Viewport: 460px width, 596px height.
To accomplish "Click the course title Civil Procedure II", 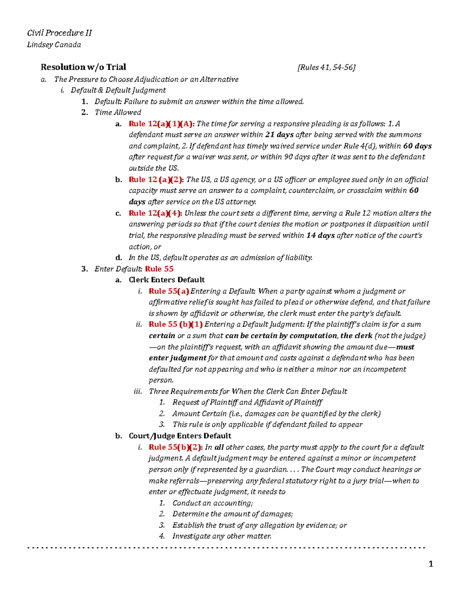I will [59, 33].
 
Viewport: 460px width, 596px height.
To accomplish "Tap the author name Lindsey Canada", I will [54, 45].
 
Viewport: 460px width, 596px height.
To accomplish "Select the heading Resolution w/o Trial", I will [83, 67].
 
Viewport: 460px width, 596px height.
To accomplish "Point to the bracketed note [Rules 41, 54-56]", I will [326, 68].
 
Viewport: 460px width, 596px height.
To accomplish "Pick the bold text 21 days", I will [279, 135].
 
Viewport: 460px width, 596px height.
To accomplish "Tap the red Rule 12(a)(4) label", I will [155, 213].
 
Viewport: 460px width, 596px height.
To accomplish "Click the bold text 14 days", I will [320, 235].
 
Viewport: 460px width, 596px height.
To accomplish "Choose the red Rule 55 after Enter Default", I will [159, 269].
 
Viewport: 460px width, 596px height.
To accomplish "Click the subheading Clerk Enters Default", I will [166, 280].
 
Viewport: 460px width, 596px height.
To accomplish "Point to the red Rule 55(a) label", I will [169, 291].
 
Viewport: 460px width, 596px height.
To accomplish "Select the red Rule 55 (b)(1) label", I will [176, 324].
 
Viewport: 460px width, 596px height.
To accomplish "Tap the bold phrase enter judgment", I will [177, 358].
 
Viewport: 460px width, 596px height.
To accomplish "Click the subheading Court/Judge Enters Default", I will [180, 436].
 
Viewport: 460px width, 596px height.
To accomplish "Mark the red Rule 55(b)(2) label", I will [175, 447].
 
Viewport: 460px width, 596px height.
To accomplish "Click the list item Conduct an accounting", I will [212, 503].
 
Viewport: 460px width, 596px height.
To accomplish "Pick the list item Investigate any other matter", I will [222, 536].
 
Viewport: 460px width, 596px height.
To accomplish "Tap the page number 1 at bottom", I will [431, 564].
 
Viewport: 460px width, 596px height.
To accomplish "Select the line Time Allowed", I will [118, 112].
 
